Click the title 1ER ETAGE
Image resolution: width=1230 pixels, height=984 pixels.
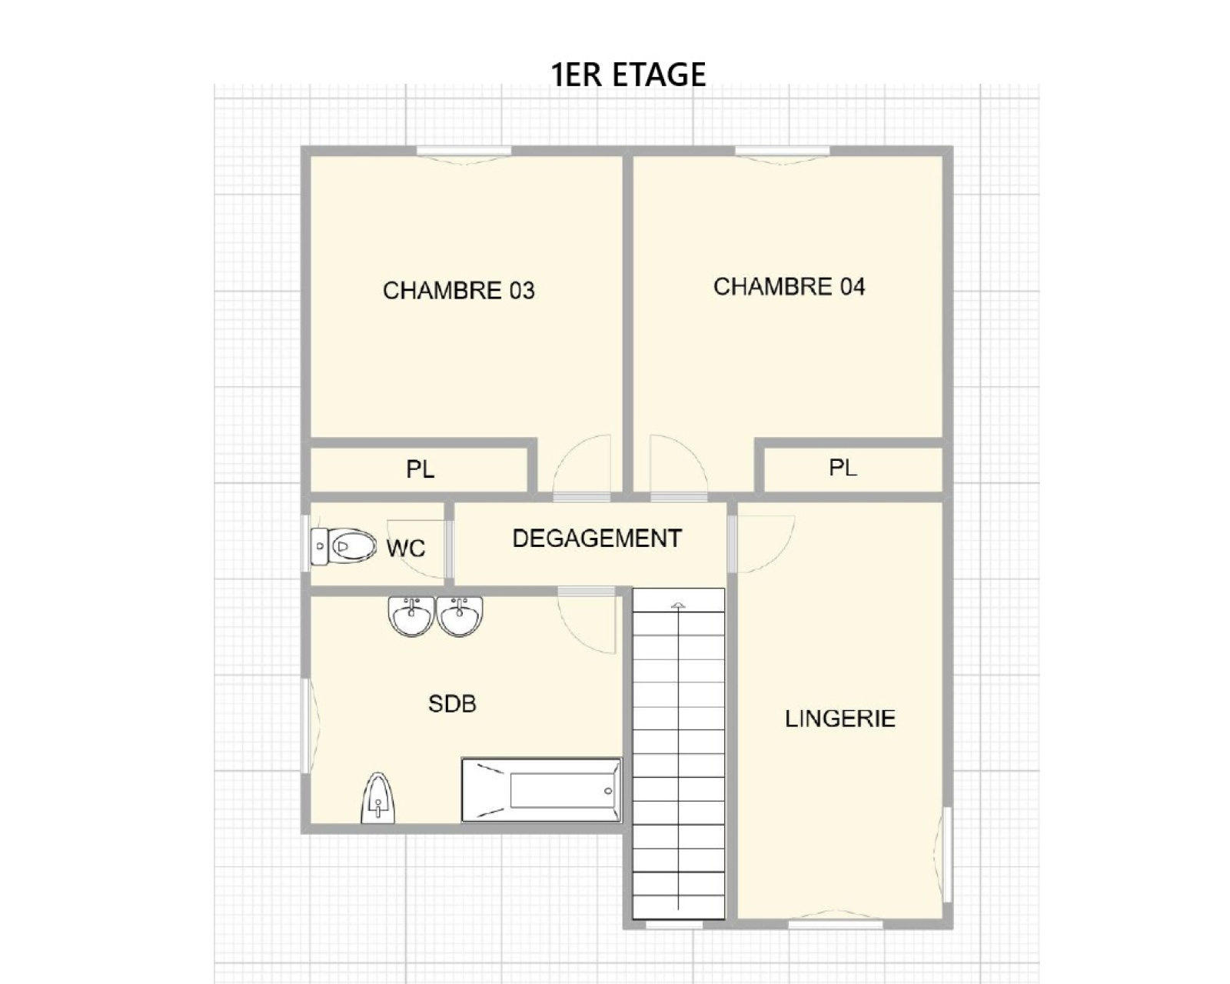point(628,75)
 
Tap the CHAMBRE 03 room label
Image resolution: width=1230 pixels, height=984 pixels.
point(458,291)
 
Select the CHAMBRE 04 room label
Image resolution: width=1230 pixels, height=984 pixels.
point(789,287)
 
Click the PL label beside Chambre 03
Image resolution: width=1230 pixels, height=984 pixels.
point(420,469)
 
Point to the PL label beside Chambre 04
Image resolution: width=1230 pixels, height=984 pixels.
point(843,468)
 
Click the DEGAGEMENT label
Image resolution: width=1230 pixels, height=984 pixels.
point(597,539)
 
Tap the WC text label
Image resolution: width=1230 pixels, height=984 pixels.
point(406,548)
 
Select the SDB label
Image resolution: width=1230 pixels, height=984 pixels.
point(452,704)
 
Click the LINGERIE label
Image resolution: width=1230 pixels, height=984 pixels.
point(839,719)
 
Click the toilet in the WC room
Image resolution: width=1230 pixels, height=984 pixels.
point(343,546)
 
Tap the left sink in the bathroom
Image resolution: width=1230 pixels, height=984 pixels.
point(411,616)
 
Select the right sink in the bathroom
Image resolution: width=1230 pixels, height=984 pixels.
point(460,616)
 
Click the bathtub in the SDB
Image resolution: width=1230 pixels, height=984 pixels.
point(541,791)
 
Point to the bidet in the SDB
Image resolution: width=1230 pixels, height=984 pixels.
point(377,799)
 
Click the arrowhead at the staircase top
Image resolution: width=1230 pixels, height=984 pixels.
point(678,605)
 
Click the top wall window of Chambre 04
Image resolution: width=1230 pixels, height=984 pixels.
point(782,151)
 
